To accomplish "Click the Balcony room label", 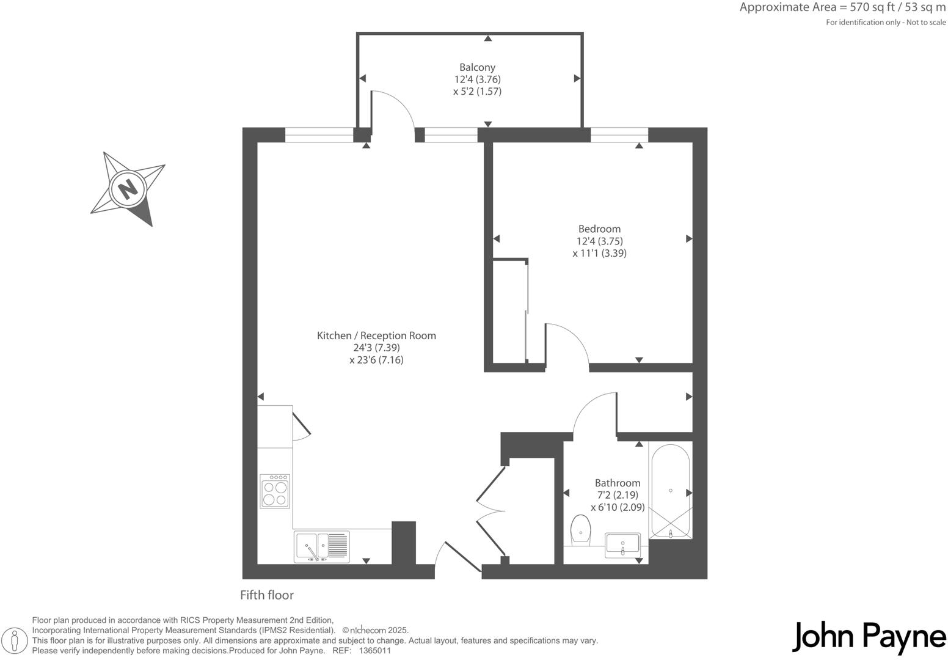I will coord(477,67).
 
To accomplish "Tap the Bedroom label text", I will coord(599,229).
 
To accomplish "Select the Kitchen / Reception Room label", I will coord(376,335).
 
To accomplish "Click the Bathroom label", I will coord(618,483).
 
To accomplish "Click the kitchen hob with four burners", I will coord(275,491).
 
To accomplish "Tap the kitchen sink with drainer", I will coord(322,546).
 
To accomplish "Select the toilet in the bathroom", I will coord(580,529).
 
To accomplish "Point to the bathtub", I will coord(671,491).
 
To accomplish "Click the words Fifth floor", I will coord(267,595).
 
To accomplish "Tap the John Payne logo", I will coord(869,637).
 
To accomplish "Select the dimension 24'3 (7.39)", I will coord(376,348).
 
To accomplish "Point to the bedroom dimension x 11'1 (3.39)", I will coord(599,253).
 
